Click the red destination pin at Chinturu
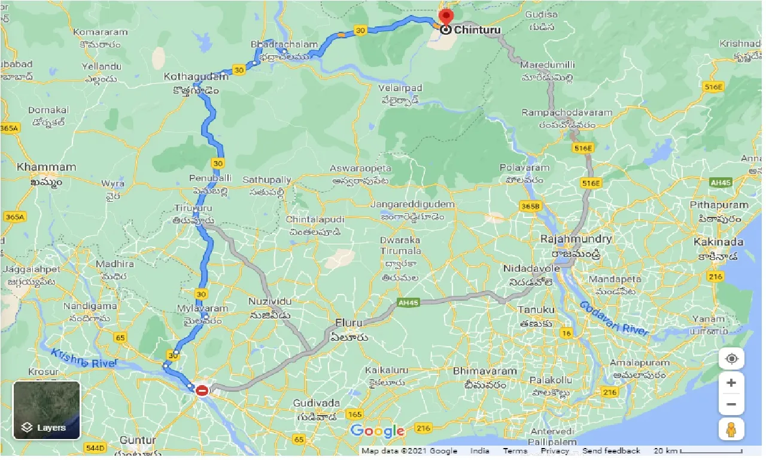click(x=446, y=16)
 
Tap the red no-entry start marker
click(x=202, y=391)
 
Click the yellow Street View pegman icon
click(x=731, y=429)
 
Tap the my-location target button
click(x=731, y=359)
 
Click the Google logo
click(x=378, y=431)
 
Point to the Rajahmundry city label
click(x=576, y=239)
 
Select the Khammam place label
click(x=47, y=167)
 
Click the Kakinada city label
click(x=718, y=242)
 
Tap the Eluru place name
click(x=348, y=323)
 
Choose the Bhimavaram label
click(x=484, y=371)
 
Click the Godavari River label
click(x=613, y=318)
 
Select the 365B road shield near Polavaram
click(x=530, y=206)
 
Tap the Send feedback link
click(x=611, y=451)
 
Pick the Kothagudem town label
click(x=196, y=77)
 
